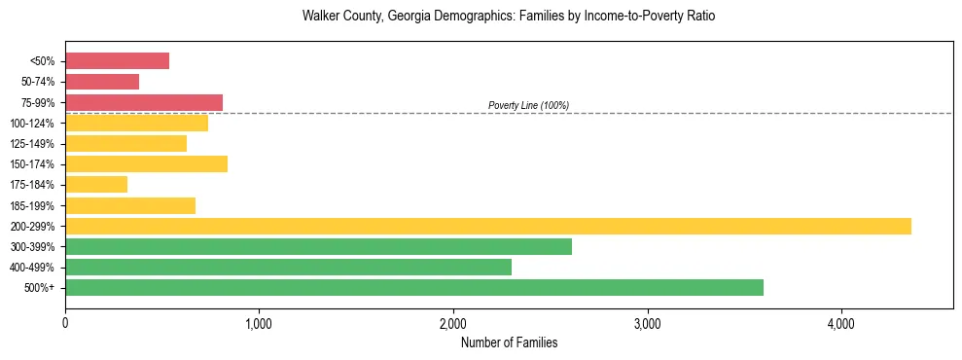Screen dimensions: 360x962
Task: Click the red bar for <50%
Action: click(117, 61)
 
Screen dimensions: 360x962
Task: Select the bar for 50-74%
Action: click(102, 82)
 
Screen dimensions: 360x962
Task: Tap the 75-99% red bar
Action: click(144, 102)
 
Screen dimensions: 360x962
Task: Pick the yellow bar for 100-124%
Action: click(136, 123)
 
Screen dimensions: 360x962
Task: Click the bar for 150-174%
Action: click(146, 163)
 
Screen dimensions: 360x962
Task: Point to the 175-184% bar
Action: click(96, 184)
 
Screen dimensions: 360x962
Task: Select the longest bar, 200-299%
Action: click(487, 226)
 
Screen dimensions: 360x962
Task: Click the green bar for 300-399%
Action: click(318, 246)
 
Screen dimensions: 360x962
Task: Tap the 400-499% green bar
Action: click(288, 267)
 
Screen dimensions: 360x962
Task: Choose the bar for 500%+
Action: click(413, 287)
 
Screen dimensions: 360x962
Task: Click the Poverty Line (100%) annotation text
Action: click(528, 105)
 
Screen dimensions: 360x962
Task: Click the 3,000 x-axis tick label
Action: click(647, 323)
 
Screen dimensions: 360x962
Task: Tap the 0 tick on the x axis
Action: click(65, 323)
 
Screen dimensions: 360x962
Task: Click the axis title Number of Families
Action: click(509, 342)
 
